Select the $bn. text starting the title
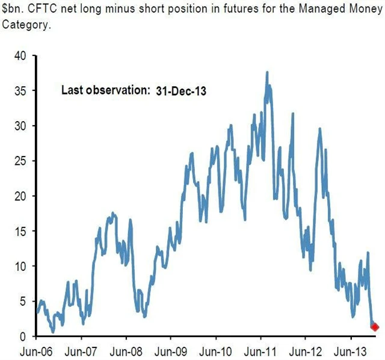11,7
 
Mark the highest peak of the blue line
266,73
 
